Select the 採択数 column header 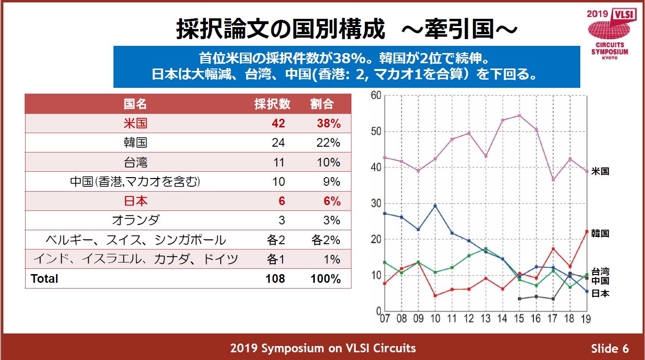tap(272, 104)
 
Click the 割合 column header tap(322, 104)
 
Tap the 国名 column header tap(135, 104)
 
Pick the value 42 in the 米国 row tap(278, 124)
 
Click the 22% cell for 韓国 tap(329, 143)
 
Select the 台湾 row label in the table tap(135, 162)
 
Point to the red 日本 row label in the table tap(135, 201)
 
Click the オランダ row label tap(135, 221)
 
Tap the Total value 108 tap(275, 279)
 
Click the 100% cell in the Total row tap(326, 279)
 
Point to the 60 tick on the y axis tap(376, 95)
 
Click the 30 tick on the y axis tap(376, 203)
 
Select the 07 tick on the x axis tap(385, 318)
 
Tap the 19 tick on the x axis tap(586, 318)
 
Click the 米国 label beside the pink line tap(600, 171)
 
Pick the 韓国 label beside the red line tap(600, 234)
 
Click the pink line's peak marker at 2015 tap(519, 116)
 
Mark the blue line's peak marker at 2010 tap(435, 206)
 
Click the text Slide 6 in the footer tap(610, 348)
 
